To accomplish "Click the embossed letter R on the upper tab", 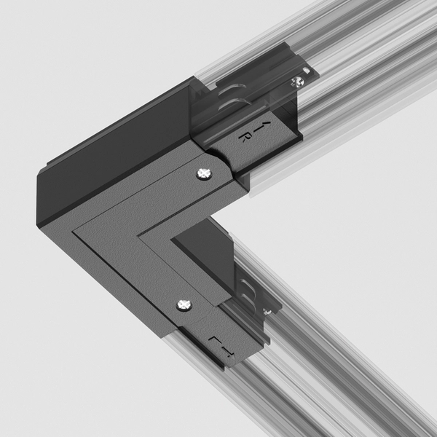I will coord(245,135).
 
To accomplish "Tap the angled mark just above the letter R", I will coord(250,123).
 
